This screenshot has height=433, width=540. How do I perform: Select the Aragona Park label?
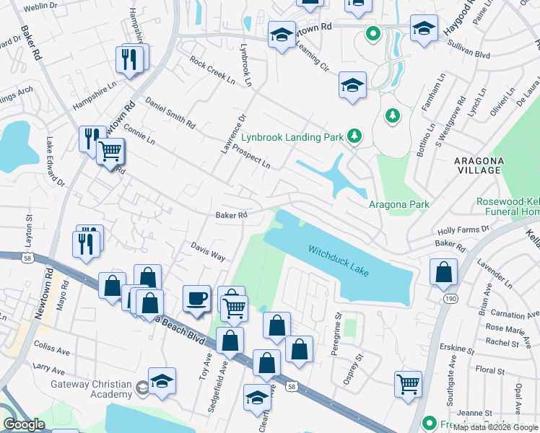(399, 205)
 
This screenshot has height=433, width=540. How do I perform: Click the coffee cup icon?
(196, 298)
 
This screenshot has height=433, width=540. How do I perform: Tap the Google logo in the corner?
(24, 425)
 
